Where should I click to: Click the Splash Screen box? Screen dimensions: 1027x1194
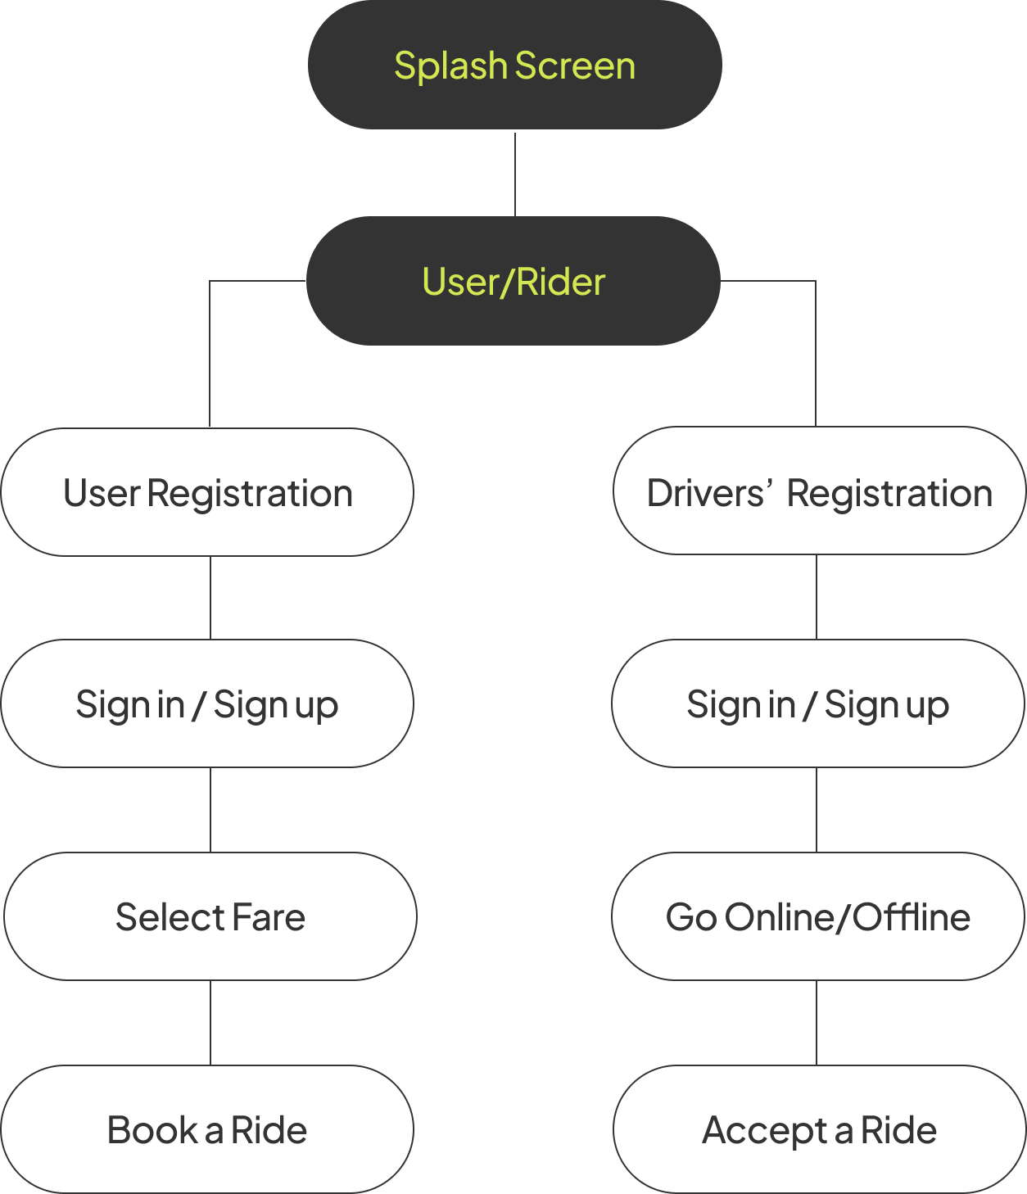point(514,64)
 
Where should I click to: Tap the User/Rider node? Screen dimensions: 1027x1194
point(513,281)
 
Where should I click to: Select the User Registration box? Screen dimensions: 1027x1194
point(207,492)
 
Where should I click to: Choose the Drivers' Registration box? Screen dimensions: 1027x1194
point(820,491)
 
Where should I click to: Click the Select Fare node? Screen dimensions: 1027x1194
point(210,916)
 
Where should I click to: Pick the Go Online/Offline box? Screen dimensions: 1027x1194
point(818,916)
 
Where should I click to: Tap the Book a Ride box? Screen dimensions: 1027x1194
point(207,1129)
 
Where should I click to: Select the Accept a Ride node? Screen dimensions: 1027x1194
point(820,1129)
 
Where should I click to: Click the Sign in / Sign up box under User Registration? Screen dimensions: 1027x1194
point(207,703)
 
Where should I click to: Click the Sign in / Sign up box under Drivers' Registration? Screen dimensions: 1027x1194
point(818,703)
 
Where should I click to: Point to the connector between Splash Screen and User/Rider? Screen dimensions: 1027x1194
point(514,174)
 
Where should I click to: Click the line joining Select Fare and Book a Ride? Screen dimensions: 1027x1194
point(210,1023)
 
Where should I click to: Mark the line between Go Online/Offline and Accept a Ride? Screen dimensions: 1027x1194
point(817,1023)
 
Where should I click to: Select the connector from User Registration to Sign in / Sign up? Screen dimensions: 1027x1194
point(210,597)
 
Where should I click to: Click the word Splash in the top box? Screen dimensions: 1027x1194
point(450,66)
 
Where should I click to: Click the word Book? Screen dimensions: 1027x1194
point(152,1129)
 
